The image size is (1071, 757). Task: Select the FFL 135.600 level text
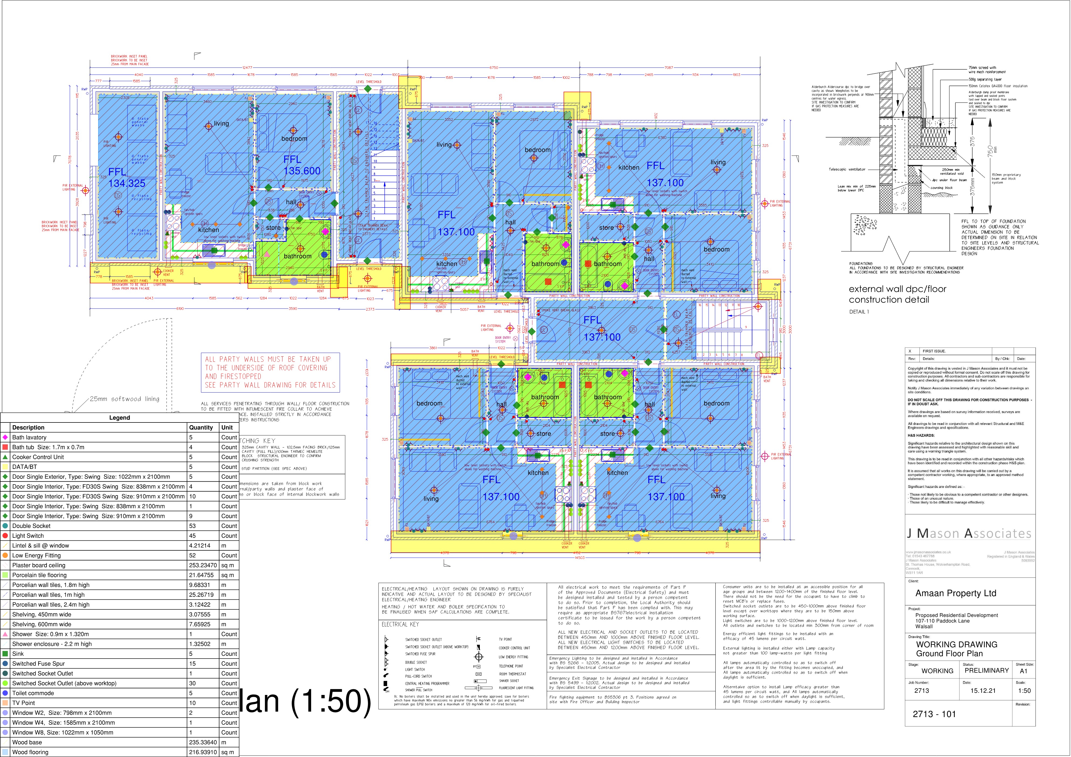click(x=301, y=165)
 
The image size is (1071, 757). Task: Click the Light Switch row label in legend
click(x=28, y=536)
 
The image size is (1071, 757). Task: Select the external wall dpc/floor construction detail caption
click(x=897, y=294)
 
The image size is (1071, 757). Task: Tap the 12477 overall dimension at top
click(x=247, y=68)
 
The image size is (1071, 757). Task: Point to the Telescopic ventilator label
click(x=847, y=169)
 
